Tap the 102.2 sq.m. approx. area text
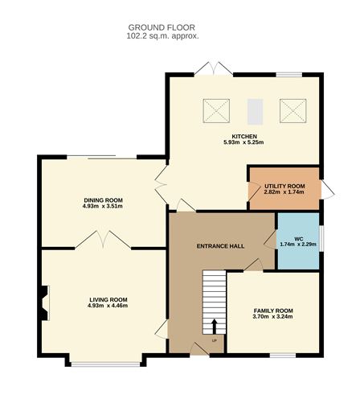[x=162, y=36]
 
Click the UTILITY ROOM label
[x=284, y=186]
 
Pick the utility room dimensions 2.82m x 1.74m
[x=284, y=193]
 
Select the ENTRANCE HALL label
[x=220, y=245]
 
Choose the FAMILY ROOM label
[x=273, y=310]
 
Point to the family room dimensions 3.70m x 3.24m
[x=273, y=317]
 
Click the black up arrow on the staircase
[x=215, y=326]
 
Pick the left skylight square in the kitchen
[x=215, y=109]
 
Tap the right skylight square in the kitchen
[x=289, y=109]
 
